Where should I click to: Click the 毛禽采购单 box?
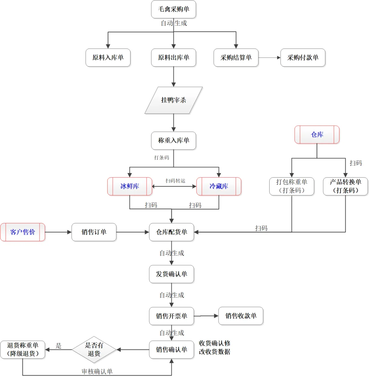[174, 9]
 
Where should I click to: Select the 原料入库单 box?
[108, 57]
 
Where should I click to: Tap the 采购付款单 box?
[303, 57]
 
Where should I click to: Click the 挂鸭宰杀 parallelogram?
[174, 100]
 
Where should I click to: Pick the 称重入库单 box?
[174, 140]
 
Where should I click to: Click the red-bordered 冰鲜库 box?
[130, 186]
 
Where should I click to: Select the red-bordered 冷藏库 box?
[219, 186]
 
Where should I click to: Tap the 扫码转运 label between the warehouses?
[175, 181]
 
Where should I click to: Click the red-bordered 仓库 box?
[317, 135]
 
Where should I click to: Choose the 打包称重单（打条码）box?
[291, 186]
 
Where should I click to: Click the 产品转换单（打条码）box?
[345, 186]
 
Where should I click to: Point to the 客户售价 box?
[23, 232]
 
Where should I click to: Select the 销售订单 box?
[94, 232]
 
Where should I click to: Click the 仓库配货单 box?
[172, 232]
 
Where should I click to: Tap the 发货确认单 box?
[172, 274]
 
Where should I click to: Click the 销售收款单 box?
[241, 316]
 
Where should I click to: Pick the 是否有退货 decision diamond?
[94, 349]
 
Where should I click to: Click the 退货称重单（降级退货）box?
[23, 349]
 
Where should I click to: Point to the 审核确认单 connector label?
[97, 372]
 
